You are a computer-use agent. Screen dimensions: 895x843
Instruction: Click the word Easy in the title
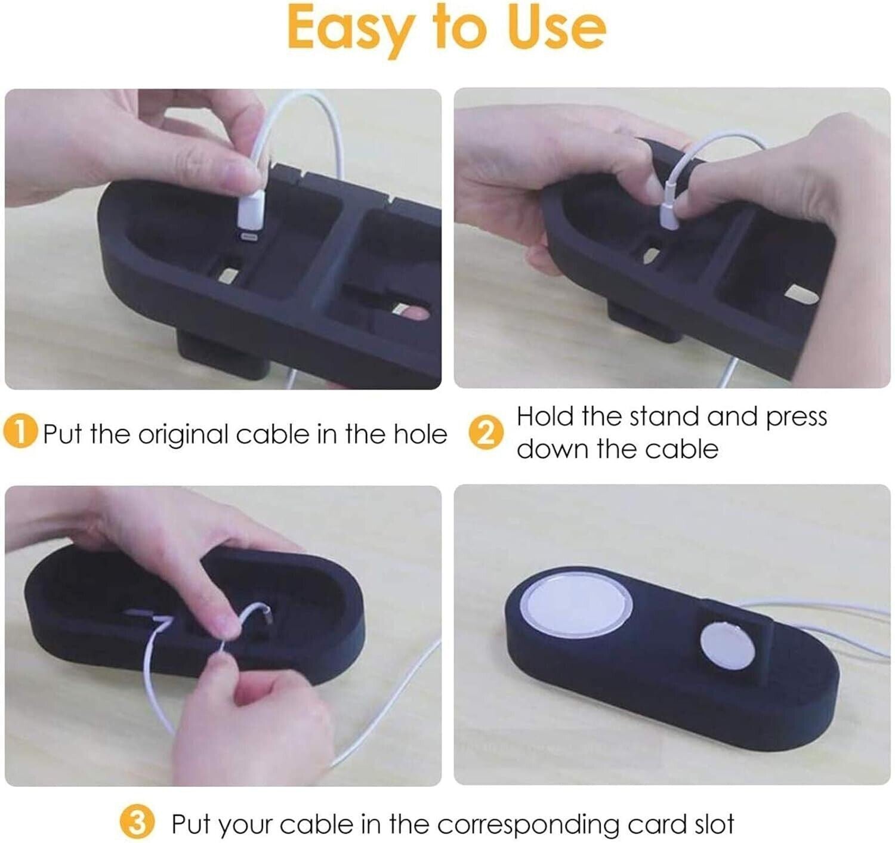click(x=349, y=29)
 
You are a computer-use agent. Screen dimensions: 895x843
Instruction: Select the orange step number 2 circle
click(x=484, y=435)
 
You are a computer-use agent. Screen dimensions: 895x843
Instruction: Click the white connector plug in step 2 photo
click(x=669, y=216)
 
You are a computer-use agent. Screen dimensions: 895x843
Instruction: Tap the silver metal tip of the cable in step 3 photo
click(x=268, y=615)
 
